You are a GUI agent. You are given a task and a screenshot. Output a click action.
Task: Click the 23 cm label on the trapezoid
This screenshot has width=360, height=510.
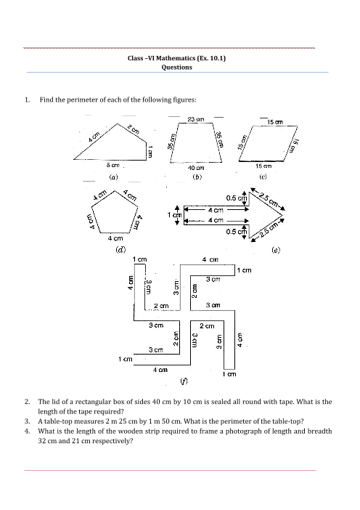pos(196,119)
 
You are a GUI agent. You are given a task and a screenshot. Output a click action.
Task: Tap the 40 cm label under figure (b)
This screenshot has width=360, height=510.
pos(196,168)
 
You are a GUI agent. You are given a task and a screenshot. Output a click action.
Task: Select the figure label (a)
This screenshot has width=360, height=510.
pos(113,177)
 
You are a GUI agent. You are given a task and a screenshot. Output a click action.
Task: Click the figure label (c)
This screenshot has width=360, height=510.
pos(263,177)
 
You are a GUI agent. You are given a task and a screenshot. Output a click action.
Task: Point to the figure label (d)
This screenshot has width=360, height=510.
pos(121,250)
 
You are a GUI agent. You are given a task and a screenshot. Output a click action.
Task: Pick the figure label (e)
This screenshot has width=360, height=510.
pos(276,250)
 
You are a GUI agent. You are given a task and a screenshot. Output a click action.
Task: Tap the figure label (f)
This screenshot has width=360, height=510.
pos(184,381)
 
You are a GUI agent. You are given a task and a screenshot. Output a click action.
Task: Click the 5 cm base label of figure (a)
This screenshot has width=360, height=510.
pos(112,165)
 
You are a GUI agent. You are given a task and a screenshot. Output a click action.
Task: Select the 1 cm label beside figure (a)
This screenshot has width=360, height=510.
pos(150,152)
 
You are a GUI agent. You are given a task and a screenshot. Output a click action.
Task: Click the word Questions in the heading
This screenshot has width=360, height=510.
pos(177,68)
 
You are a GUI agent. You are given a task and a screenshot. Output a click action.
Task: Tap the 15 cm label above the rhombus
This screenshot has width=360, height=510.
pos(275,122)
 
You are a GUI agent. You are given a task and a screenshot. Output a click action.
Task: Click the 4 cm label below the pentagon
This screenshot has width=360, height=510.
pos(115,238)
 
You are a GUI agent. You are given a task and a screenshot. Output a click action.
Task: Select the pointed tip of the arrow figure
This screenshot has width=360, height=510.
pos(282,216)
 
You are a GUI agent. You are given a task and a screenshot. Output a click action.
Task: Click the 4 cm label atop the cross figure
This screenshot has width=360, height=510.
pos(210,259)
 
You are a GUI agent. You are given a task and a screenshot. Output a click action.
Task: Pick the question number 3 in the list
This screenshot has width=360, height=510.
pos(28,421)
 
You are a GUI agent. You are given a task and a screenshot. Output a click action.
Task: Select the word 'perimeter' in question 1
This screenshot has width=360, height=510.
pos(82,100)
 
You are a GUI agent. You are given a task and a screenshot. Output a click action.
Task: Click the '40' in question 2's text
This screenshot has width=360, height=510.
pos(156,402)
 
